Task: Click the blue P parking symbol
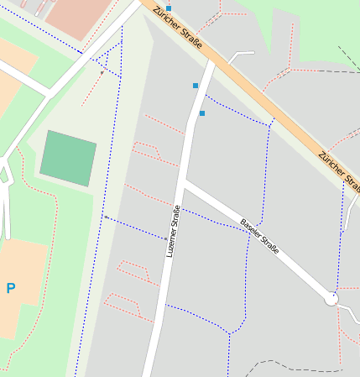tap(11, 289)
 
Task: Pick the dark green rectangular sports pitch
tap(68, 159)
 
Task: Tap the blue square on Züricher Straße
tap(169, 8)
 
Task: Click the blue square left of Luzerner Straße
tap(196, 86)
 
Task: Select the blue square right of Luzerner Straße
tap(202, 113)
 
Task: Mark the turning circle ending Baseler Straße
tap(331, 298)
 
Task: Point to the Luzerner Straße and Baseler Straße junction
tap(184, 182)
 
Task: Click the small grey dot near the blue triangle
tap(102, 73)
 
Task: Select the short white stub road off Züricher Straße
tap(241, 55)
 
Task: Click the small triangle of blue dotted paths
tap(107, 61)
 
